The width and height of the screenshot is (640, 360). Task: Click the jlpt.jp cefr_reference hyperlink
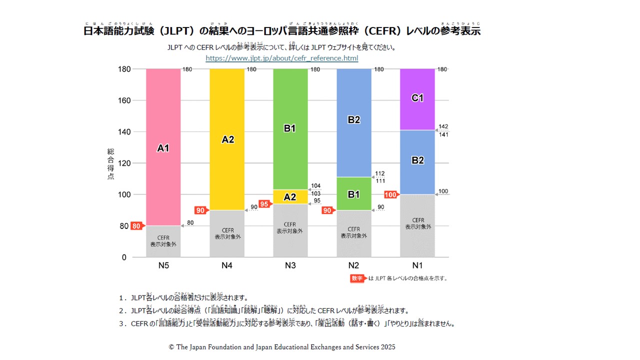pyautogui.click(x=282, y=58)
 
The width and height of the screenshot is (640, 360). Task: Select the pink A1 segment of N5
pyautogui.click(x=163, y=147)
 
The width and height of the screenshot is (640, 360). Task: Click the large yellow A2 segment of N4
pyautogui.click(x=227, y=139)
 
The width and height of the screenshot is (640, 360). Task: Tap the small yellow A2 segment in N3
pyautogui.click(x=290, y=196)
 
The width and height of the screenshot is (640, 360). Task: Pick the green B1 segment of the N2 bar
pyautogui.click(x=353, y=194)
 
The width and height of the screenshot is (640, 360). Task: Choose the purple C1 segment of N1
pyautogui.click(x=417, y=98)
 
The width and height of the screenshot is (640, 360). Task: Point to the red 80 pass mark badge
pyautogui.click(x=136, y=226)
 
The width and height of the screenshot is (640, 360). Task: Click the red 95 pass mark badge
pyautogui.click(x=264, y=204)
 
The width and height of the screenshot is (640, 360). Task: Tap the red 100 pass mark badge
pyautogui.click(x=390, y=194)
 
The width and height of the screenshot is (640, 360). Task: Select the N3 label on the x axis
pyautogui.click(x=290, y=266)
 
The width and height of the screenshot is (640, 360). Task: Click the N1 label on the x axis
pyautogui.click(x=417, y=266)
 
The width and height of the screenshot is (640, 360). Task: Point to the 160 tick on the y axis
pyautogui.click(x=124, y=100)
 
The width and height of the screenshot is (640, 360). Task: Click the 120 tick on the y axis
pyautogui.click(x=124, y=163)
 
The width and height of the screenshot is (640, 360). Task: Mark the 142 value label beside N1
pyautogui.click(x=443, y=127)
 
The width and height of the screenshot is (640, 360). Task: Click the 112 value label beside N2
pyautogui.click(x=380, y=174)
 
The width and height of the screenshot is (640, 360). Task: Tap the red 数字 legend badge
pyautogui.click(x=358, y=278)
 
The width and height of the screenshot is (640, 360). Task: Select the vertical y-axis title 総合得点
pyautogui.click(x=110, y=164)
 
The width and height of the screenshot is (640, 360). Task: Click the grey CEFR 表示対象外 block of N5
pyautogui.click(x=163, y=241)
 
